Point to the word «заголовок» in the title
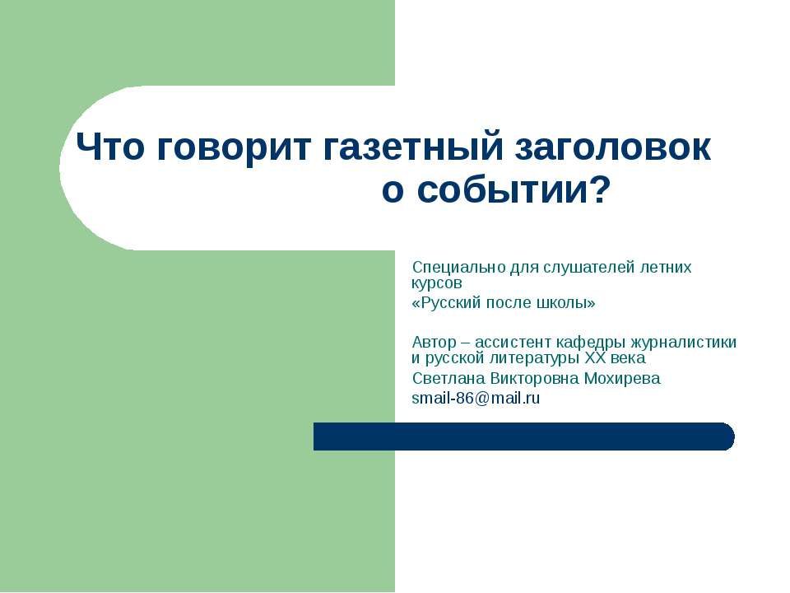pos(612,148)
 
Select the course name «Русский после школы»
pos(503,303)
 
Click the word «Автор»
pos(432,343)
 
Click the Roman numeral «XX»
pos(595,358)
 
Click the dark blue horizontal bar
pos(523,437)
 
